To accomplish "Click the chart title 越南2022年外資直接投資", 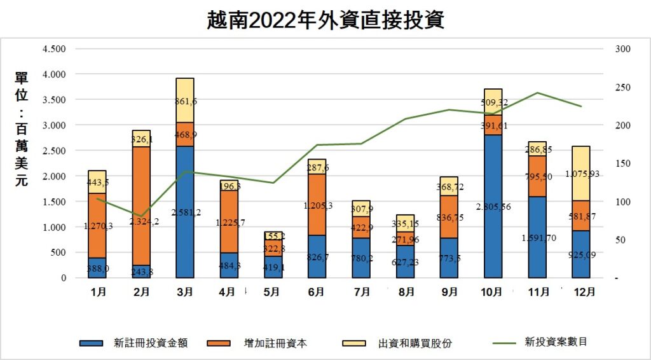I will [x=325, y=20].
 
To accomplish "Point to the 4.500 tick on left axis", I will [x=53, y=49].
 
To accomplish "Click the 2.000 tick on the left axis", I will [x=53, y=176].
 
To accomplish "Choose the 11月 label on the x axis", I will [x=537, y=293].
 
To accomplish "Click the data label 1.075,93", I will [x=580, y=174].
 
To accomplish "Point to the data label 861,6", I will [x=186, y=101].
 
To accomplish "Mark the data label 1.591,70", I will [x=538, y=239].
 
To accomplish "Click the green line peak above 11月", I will [x=537, y=93].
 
